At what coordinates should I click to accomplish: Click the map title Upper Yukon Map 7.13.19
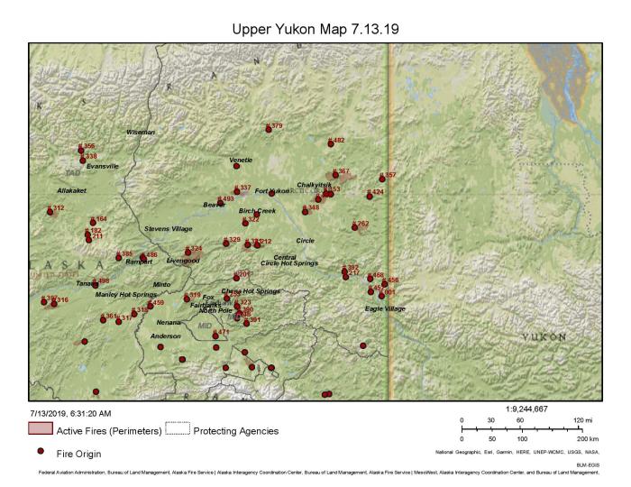315,29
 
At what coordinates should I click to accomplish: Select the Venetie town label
241,160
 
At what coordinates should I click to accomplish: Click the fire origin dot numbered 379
269,130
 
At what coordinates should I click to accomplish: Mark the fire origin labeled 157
382,179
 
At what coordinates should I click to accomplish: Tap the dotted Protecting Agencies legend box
178,428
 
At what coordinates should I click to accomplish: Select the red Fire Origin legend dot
41,450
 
